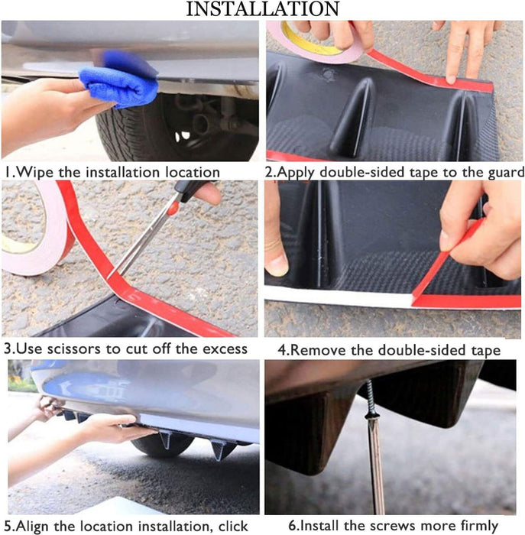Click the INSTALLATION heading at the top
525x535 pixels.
262,9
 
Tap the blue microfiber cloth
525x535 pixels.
119,79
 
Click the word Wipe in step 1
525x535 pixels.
34,172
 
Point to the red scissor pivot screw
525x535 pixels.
173,208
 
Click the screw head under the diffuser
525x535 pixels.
371,416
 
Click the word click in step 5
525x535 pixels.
233,526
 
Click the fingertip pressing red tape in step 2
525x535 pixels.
452,79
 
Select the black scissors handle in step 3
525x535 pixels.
191,190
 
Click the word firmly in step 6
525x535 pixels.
479,526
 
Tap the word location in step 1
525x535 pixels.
193,172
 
